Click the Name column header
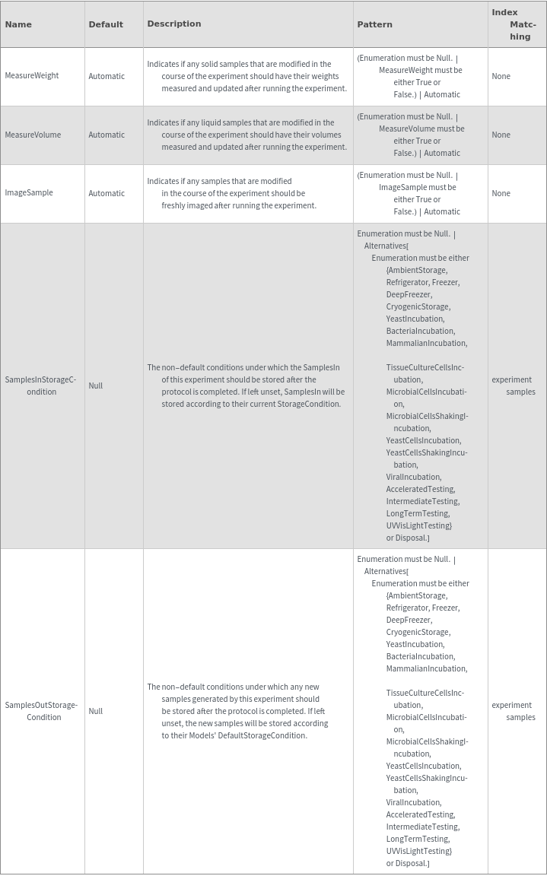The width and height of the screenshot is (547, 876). [x=18, y=24]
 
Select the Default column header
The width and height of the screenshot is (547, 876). [x=106, y=24]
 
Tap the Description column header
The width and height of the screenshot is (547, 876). [x=174, y=24]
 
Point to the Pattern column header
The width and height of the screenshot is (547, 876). [x=375, y=24]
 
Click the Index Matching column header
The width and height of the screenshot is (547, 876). [x=514, y=24]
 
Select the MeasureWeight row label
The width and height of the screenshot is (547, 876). [x=32, y=76]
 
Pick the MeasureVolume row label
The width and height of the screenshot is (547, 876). [x=33, y=135]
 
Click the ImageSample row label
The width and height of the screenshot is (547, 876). [x=29, y=193]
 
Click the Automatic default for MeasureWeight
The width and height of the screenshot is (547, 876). [x=107, y=76]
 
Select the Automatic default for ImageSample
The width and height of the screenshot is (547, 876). [x=107, y=193]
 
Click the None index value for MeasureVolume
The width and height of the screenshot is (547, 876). [x=501, y=135]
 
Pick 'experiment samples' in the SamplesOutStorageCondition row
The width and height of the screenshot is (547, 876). [x=514, y=711]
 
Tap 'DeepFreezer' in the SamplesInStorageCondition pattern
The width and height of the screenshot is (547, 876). [x=409, y=294]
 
